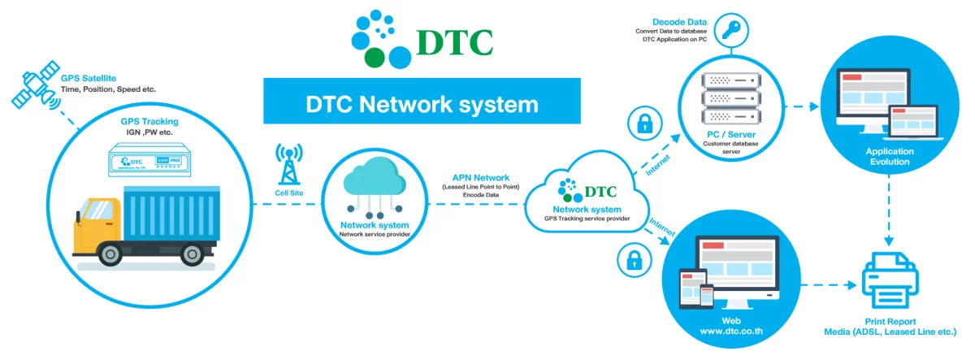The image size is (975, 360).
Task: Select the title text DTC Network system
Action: pos(422,103)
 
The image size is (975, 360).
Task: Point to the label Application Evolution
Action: pos(890,156)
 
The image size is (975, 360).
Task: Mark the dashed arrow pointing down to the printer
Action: pos(889,215)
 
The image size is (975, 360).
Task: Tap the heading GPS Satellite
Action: pos(81,77)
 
